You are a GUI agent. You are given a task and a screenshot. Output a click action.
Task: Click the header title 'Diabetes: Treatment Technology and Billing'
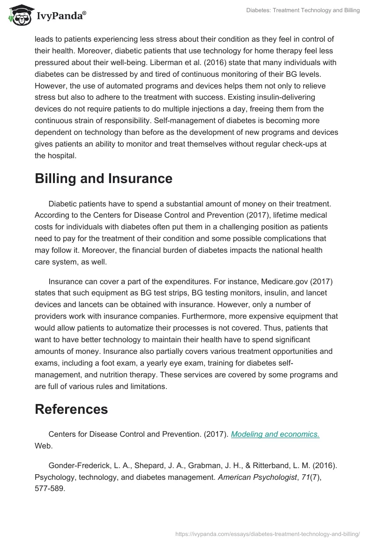303,10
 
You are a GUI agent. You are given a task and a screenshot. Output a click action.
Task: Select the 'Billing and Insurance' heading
104,178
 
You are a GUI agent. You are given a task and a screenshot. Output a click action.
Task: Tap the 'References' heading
71,409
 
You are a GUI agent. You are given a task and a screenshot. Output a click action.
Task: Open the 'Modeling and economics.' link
276,434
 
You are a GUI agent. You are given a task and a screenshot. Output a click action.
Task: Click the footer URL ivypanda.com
267,533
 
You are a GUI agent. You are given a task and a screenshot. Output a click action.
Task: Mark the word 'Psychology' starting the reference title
53,476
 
